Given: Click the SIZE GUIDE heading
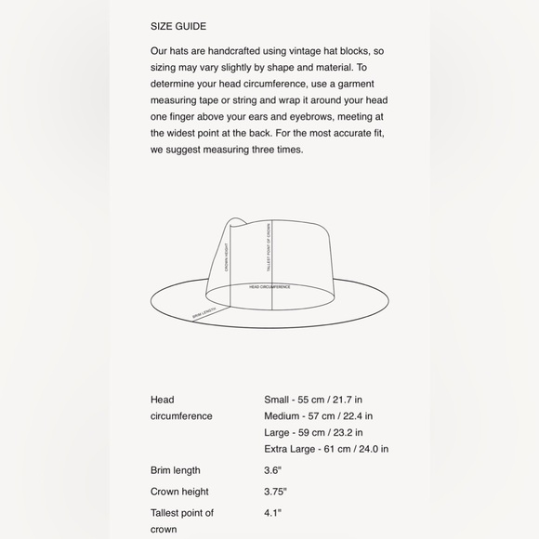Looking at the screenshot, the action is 177,26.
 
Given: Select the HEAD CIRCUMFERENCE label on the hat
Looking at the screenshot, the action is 269,287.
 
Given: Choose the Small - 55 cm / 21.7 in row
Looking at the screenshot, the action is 313,400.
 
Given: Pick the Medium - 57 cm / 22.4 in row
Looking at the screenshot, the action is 318,416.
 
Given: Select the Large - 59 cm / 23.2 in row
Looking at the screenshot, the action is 313,432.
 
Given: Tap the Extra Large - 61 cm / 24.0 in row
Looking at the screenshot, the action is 326,449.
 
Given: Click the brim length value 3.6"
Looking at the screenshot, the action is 272,470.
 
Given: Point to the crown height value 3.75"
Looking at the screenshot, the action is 275,492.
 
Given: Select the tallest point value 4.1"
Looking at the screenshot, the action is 272,512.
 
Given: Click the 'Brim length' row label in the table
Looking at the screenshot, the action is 176,470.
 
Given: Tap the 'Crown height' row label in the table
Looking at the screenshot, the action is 179,492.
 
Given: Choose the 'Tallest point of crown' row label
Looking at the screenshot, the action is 182,520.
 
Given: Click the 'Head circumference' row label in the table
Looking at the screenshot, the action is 181,408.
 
